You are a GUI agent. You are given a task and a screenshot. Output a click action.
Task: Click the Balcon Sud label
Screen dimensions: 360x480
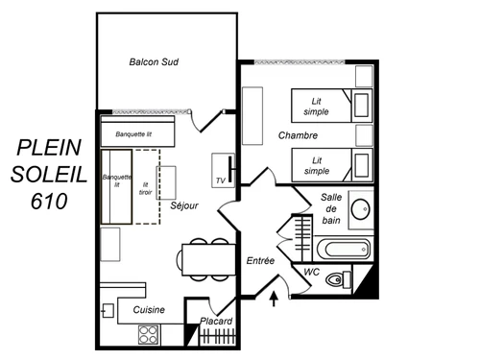point(155,62)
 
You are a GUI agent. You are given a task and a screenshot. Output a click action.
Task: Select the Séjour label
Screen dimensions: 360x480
point(184,205)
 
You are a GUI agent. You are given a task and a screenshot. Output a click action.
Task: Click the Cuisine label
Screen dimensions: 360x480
point(149,309)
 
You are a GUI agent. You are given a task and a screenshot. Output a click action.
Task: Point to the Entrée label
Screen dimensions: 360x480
point(260,260)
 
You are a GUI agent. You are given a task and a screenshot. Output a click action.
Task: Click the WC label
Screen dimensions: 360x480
point(311,273)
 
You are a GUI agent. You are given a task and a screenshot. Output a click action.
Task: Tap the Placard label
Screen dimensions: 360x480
point(216,321)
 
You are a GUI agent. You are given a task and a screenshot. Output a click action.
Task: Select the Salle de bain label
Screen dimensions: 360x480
point(331,209)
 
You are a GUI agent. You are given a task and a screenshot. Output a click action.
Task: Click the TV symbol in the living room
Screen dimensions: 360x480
point(221,180)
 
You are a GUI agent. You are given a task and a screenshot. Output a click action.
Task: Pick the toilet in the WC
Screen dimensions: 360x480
point(335,280)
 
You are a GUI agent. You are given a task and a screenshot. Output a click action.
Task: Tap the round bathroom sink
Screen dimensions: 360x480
point(361,208)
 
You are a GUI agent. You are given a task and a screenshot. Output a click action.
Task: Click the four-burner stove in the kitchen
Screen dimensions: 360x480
point(149,334)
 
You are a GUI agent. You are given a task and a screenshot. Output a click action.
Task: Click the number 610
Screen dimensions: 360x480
point(49,203)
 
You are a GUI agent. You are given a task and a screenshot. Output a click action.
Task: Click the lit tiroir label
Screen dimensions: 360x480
point(146,188)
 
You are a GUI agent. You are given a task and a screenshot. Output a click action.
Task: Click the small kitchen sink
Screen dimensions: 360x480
point(107,309)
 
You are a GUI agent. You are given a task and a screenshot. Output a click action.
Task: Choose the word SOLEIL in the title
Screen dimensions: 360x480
point(49,175)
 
